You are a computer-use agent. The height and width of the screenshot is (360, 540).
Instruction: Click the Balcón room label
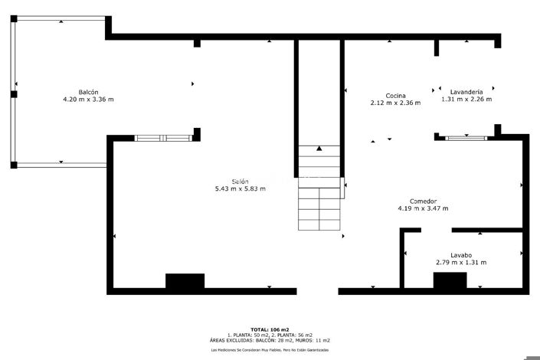(88, 92)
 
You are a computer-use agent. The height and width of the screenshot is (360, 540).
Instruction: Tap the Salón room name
(241, 181)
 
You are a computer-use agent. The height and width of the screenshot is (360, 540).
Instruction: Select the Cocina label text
(395, 95)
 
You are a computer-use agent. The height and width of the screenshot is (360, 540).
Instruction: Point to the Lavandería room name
(466, 92)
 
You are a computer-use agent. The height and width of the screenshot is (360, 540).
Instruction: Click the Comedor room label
(423, 201)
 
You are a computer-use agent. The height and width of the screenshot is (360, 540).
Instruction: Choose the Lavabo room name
(460, 255)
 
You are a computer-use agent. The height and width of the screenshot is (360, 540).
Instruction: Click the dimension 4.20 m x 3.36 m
(88, 100)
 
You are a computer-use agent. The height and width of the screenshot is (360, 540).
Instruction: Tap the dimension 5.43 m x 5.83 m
(241, 188)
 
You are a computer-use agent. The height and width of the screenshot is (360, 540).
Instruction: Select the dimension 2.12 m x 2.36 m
(395, 103)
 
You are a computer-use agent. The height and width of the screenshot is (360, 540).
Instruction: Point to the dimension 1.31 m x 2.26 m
(466, 100)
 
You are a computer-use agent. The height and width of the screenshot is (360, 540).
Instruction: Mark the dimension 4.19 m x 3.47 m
(423, 208)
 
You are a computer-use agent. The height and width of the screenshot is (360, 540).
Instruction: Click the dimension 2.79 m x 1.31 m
(460, 263)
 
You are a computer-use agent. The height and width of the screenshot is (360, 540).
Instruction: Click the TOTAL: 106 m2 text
(270, 329)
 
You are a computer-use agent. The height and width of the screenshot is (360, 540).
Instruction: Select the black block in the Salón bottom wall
(185, 282)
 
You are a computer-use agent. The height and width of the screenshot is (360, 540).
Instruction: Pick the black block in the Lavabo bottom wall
(450, 281)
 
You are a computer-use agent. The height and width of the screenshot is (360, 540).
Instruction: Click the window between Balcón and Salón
(163, 138)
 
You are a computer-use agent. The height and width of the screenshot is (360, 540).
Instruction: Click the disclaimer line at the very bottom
(270, 350)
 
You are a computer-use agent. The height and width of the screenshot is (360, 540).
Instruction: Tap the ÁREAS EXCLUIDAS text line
(270, 340)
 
